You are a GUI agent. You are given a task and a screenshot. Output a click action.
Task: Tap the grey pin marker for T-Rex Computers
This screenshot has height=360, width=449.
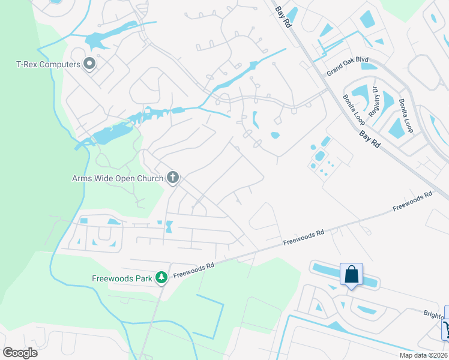(90, 63)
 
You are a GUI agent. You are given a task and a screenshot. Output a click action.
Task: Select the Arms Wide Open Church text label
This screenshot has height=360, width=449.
(117, 178)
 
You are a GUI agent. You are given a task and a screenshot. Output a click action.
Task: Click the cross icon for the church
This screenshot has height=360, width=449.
(173, 177)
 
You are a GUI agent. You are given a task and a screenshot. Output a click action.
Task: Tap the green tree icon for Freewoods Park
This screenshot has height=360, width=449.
(161, 277)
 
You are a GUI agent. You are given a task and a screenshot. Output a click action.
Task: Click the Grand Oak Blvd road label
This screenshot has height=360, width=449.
(347, 67)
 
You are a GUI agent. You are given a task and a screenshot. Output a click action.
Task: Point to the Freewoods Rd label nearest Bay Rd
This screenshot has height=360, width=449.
(412, 201)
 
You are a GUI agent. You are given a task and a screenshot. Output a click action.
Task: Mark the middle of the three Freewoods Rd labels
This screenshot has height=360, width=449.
(304, 237)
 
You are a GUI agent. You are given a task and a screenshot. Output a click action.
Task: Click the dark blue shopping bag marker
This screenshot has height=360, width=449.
(351, 275)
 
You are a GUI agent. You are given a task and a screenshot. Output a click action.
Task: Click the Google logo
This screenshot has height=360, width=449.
(20, 352)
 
